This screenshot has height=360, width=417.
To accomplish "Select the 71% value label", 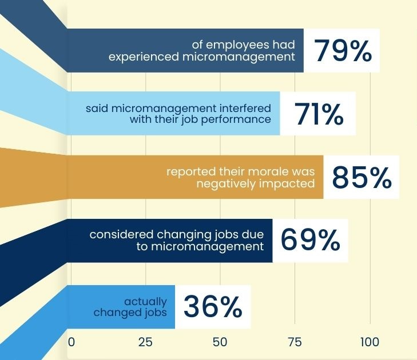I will pyautogui.click(x=319, y=114).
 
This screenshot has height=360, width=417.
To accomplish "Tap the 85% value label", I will pyautogui.click(x=362, y=178).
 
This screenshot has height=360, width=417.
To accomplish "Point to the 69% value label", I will pyautogui.click(x=310, y=241).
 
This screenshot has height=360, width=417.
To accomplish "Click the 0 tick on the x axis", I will pyautogui.click(x=72, y=342).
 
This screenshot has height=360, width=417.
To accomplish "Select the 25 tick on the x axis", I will pyautogui.click(x=145, y=342).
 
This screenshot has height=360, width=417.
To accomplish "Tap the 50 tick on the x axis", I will pyautogui.click(x=220, y=342).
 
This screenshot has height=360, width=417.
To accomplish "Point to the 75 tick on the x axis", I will pyautogui.click(x=295, y=342).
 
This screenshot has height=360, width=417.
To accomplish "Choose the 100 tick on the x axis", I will pyautogui.click(x=370, y=342).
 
